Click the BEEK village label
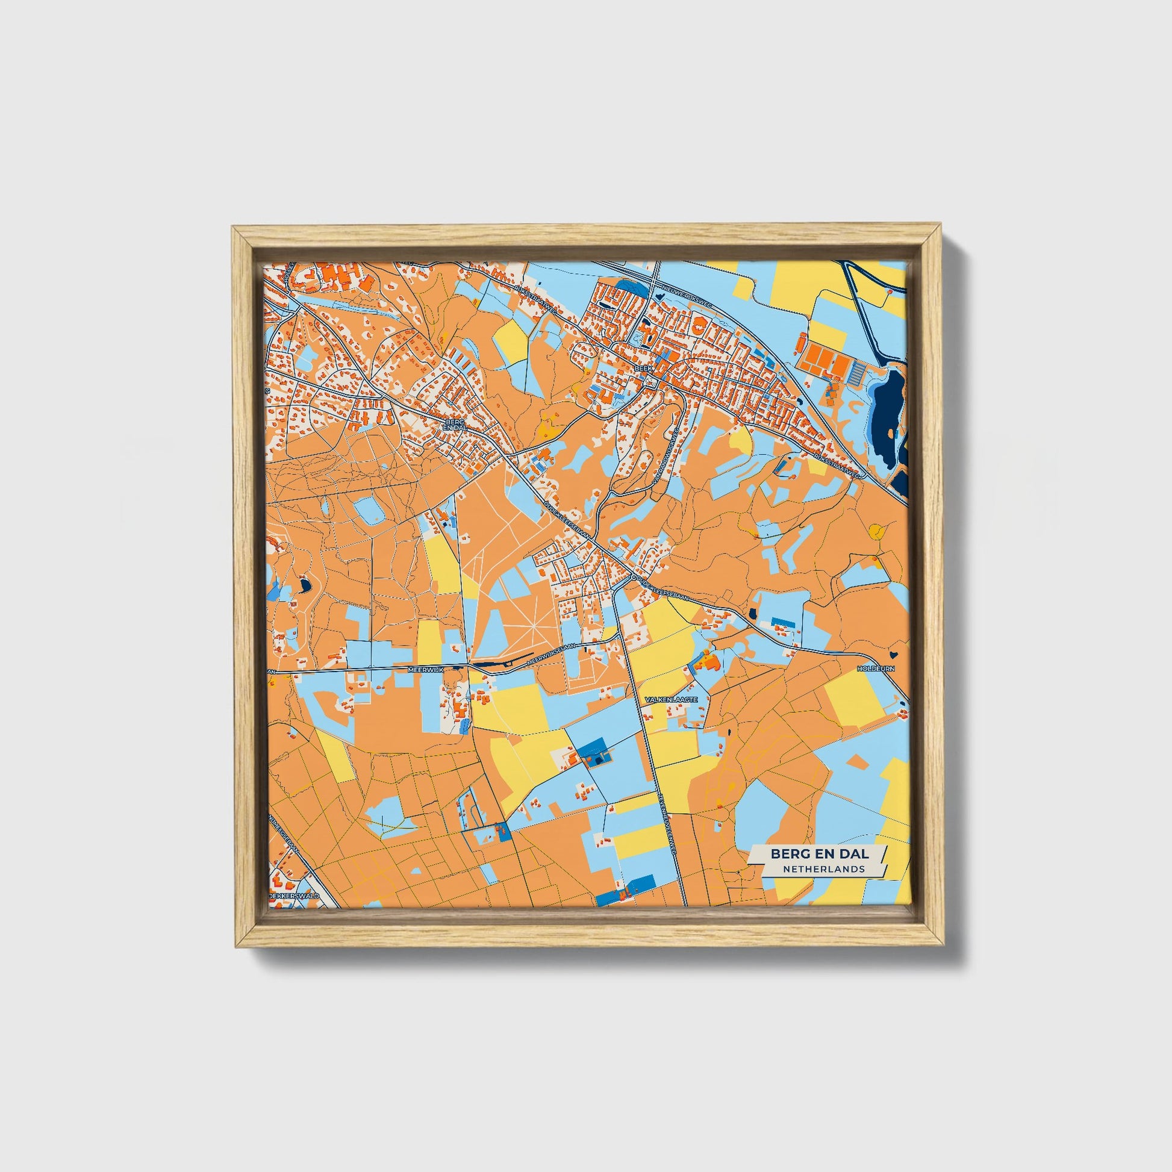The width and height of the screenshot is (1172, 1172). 641,368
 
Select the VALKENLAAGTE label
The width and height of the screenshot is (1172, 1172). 672,699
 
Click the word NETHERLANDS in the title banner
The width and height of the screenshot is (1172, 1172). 823,868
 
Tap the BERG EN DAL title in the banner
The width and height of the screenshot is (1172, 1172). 819,853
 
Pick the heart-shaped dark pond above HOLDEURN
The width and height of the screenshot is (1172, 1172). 894,654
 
